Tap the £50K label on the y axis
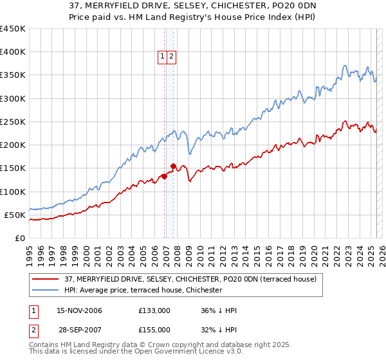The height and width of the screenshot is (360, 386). click(15, 215)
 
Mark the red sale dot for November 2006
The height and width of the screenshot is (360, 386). click(165, 176)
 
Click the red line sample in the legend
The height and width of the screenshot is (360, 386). click(45, 280)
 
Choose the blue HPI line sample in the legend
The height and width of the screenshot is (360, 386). click(45, 291)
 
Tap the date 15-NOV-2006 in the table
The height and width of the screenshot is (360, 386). click(80, 310)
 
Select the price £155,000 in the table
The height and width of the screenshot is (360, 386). click(154, 330)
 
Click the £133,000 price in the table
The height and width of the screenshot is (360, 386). click(154, 310)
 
